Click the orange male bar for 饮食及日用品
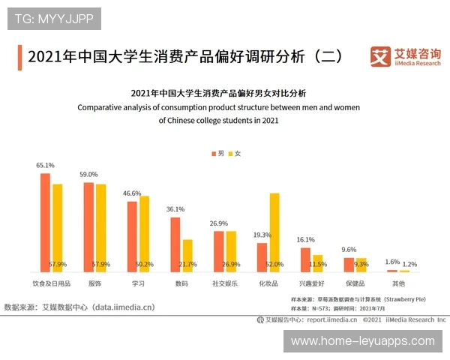pyautogui.click(x=45, y=222)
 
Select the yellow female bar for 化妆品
pyautogui.click(x=274, y=232)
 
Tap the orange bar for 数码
pyautogui.click(x=175, y=244)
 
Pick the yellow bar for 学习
pyautogui.click(x=144, y=233)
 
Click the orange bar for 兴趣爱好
pyautogui.click(x=305, y=259)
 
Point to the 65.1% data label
pyautogui.click(x=45, y=165)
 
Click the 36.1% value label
pyautogui.click(x=175, y=209)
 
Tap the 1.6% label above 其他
pyautogui.click(x=392, y=262)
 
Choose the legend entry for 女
pyautogui.click(x=235, y=153)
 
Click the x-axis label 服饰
pyautogui.click(x=94, y=283)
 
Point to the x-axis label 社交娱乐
pyautogui.click(x=225, y=283)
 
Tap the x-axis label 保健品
pyautogui.click(x=355, y=283)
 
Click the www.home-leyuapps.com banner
pyautogui.click(x=362, y=340)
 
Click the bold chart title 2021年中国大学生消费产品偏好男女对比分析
pyautogui.click(x=218, y=94)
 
